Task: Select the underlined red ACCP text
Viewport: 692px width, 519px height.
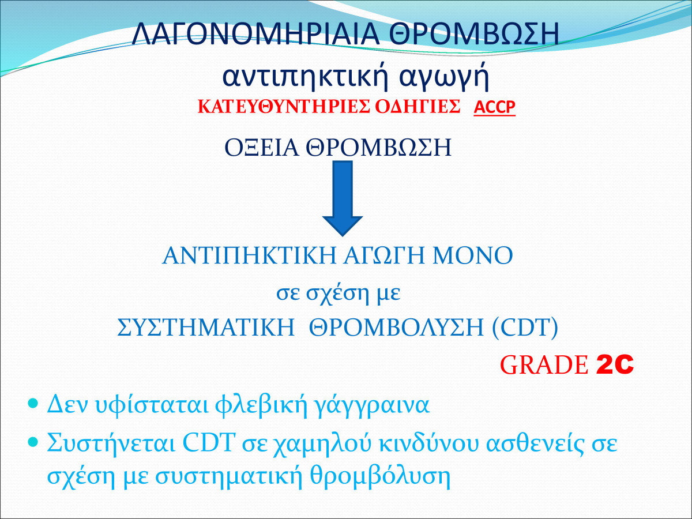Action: [494, 107]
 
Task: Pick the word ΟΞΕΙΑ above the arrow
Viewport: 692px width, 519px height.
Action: [261, 148]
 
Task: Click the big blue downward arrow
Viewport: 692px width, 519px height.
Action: [343, 198]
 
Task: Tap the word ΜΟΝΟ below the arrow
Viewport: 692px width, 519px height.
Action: [472, 255]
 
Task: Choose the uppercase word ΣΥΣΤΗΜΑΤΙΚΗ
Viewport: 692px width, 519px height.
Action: [206, 328]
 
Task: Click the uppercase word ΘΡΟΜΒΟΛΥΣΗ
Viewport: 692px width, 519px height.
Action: [396, 328]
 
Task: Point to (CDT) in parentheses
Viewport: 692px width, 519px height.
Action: [525, 328]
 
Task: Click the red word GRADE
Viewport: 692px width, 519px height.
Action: [544, 365]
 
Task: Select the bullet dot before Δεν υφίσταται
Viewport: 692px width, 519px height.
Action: [33, 403]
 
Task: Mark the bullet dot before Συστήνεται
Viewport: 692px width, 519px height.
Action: [33, 442]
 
